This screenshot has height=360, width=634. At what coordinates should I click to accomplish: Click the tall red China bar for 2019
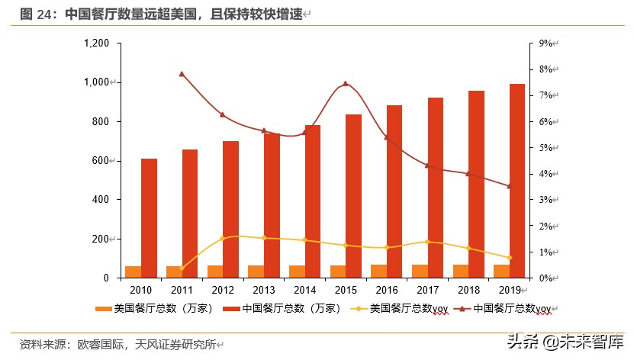point(517,181)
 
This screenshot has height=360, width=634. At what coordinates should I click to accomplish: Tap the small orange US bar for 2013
point(256,272)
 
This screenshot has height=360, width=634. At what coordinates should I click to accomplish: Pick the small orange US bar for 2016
point(378,271)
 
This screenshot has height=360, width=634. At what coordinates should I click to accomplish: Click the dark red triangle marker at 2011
point(182,74)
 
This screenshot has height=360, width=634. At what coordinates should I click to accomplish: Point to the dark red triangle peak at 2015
point(345,84)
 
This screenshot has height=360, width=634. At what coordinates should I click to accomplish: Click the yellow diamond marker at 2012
point(222,239)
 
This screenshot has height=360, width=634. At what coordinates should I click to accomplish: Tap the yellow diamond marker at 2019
point(509,258)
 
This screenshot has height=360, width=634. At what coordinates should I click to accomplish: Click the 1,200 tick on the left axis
point(98,43)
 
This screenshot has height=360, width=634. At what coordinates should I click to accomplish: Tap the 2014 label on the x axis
point(304,291)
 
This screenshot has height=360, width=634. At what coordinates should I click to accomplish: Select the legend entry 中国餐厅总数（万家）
point(278,309)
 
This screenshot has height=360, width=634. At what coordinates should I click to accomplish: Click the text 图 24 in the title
point(40,14)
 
